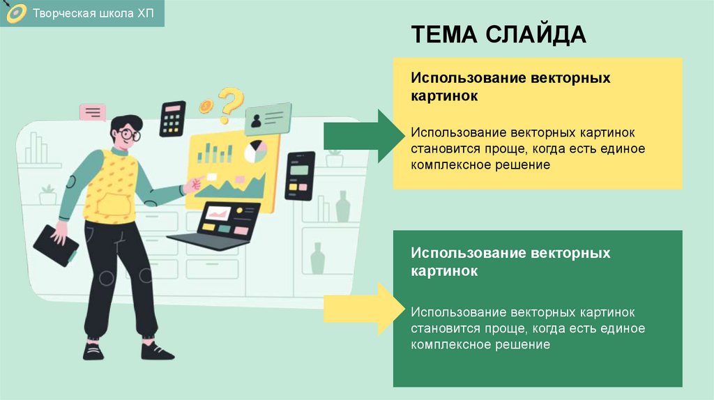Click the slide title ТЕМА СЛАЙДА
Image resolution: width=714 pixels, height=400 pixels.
pyautogui.click(x=498, y=34)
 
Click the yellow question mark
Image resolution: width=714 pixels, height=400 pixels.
pyautogui.click(x=230, y=103)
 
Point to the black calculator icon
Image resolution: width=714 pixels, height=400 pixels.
pyautogui.click(x=172, y=118)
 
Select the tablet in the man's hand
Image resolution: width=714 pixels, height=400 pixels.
pyautogui.click(x=54, y=245)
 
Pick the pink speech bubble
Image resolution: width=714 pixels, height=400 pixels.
pyautogui.click(x=93, y=112)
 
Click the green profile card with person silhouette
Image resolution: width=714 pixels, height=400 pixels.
pyautogui.click(x=267, y=118)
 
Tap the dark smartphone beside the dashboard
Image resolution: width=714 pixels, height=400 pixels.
pyautogui.click(x=300, y=176)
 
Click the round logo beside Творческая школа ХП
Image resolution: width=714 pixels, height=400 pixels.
pyautogui.click(x=15, y=14)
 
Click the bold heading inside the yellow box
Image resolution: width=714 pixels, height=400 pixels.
pyautogui.click(x=510, y=86)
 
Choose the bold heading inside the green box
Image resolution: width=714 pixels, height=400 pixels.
pyautogui.click(x=510, y=261)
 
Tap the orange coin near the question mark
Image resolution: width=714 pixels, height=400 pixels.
pyautogui.click(x=206, y=107)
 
